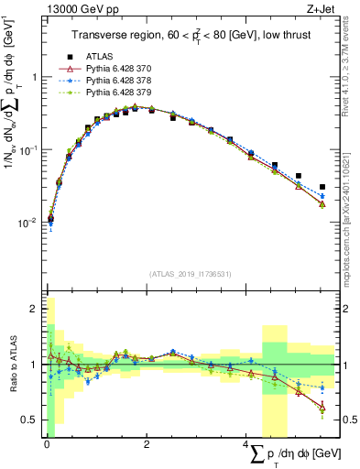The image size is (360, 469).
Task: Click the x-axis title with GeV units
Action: [x=289, y=455]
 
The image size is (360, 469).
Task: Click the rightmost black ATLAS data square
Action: [x=322, y=186]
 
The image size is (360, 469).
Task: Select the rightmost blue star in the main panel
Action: [x=322, y=195]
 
